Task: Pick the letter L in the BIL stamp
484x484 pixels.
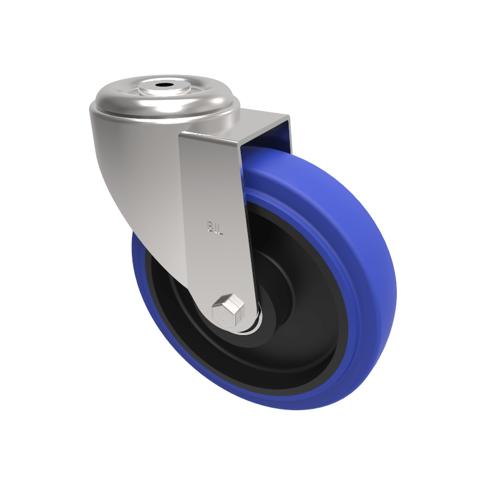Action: tap(221, 228)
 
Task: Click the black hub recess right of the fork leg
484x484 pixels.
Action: tap(296, 290)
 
